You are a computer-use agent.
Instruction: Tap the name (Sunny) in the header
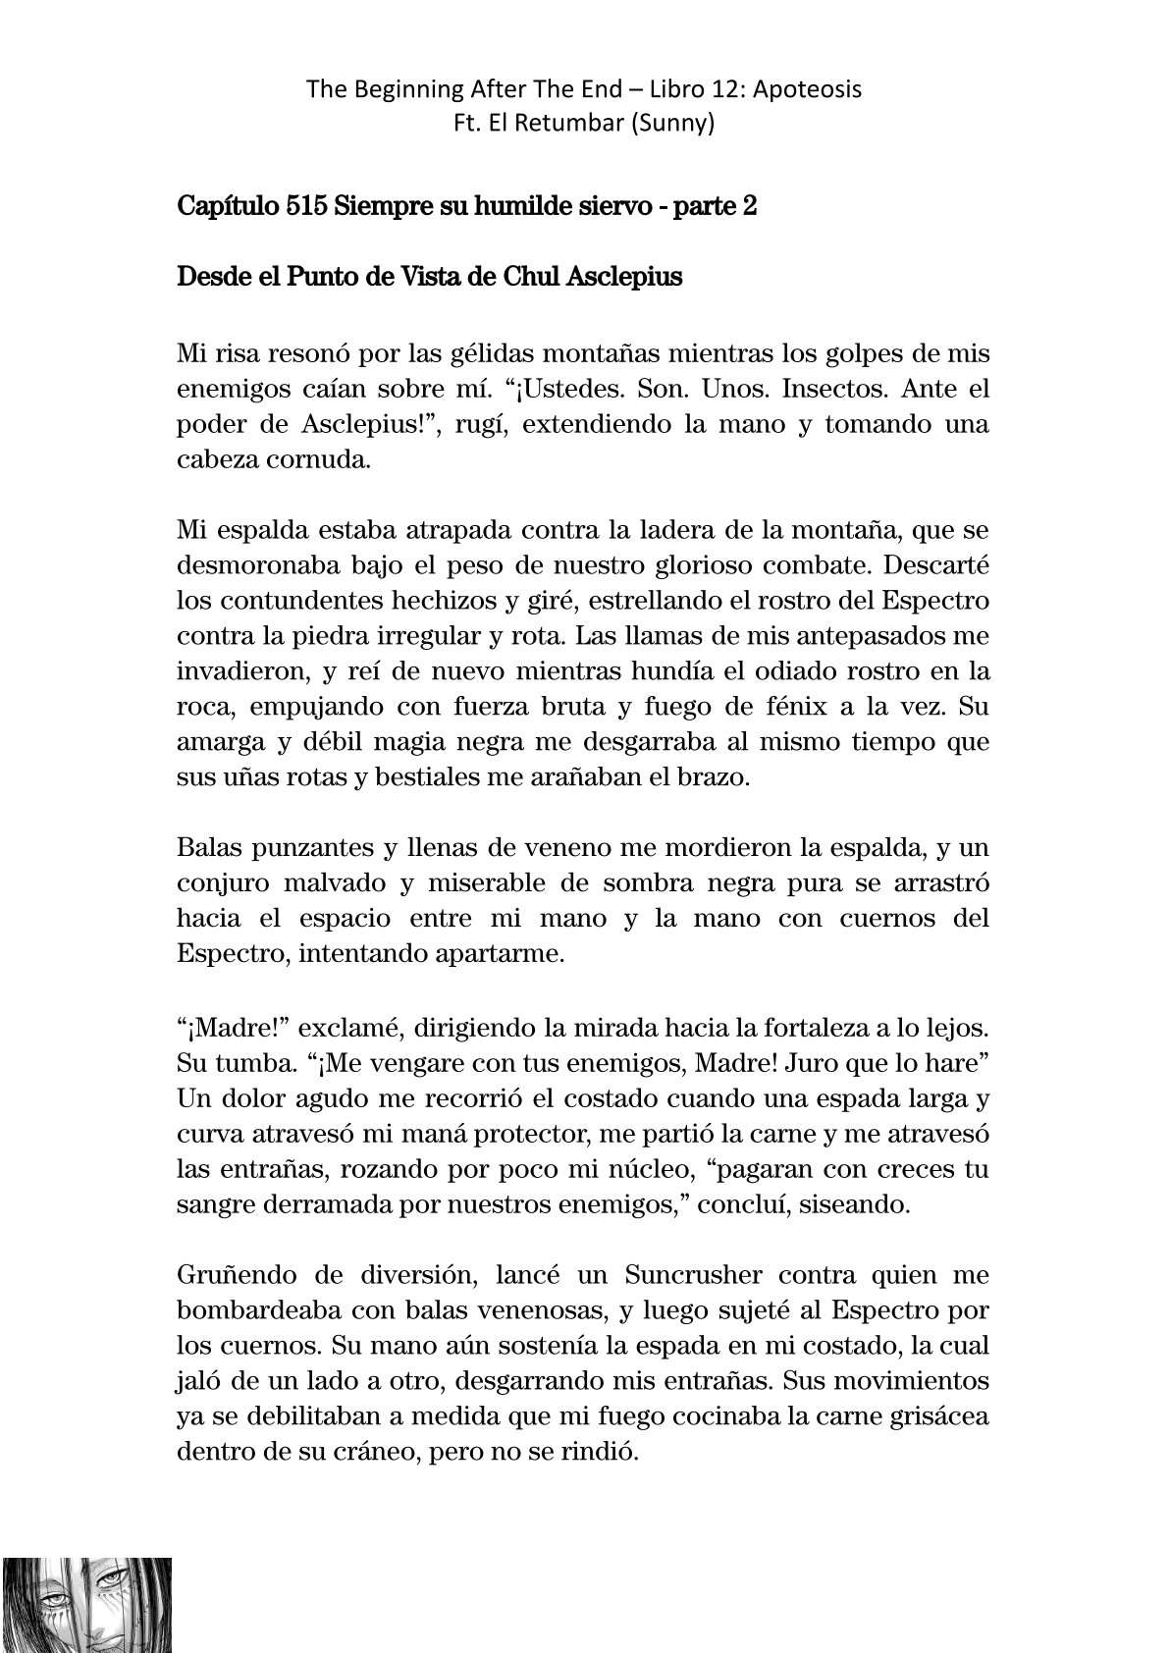tap(677, 125)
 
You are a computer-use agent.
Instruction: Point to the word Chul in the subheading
tap(532, 277)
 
